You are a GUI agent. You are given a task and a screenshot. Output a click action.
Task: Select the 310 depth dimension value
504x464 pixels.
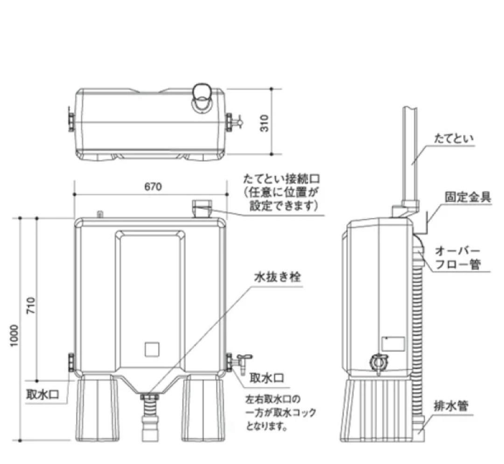265,122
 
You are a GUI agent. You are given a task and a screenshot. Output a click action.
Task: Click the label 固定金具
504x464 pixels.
468,196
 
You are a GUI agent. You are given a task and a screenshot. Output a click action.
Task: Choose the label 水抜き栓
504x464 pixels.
277,276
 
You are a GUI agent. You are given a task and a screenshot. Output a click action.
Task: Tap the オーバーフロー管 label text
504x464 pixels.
457,258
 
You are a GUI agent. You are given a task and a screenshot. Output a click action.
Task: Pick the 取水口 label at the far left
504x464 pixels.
42,394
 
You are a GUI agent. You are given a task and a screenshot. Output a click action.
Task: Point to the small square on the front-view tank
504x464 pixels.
152,350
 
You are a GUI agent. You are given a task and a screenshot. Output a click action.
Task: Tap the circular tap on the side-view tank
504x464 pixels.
378,361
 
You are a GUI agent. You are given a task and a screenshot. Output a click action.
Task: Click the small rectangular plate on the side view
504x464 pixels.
392,344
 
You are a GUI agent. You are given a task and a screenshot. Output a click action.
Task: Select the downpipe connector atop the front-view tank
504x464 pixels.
203,209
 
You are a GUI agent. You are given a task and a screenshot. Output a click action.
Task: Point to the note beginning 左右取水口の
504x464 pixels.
280,413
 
